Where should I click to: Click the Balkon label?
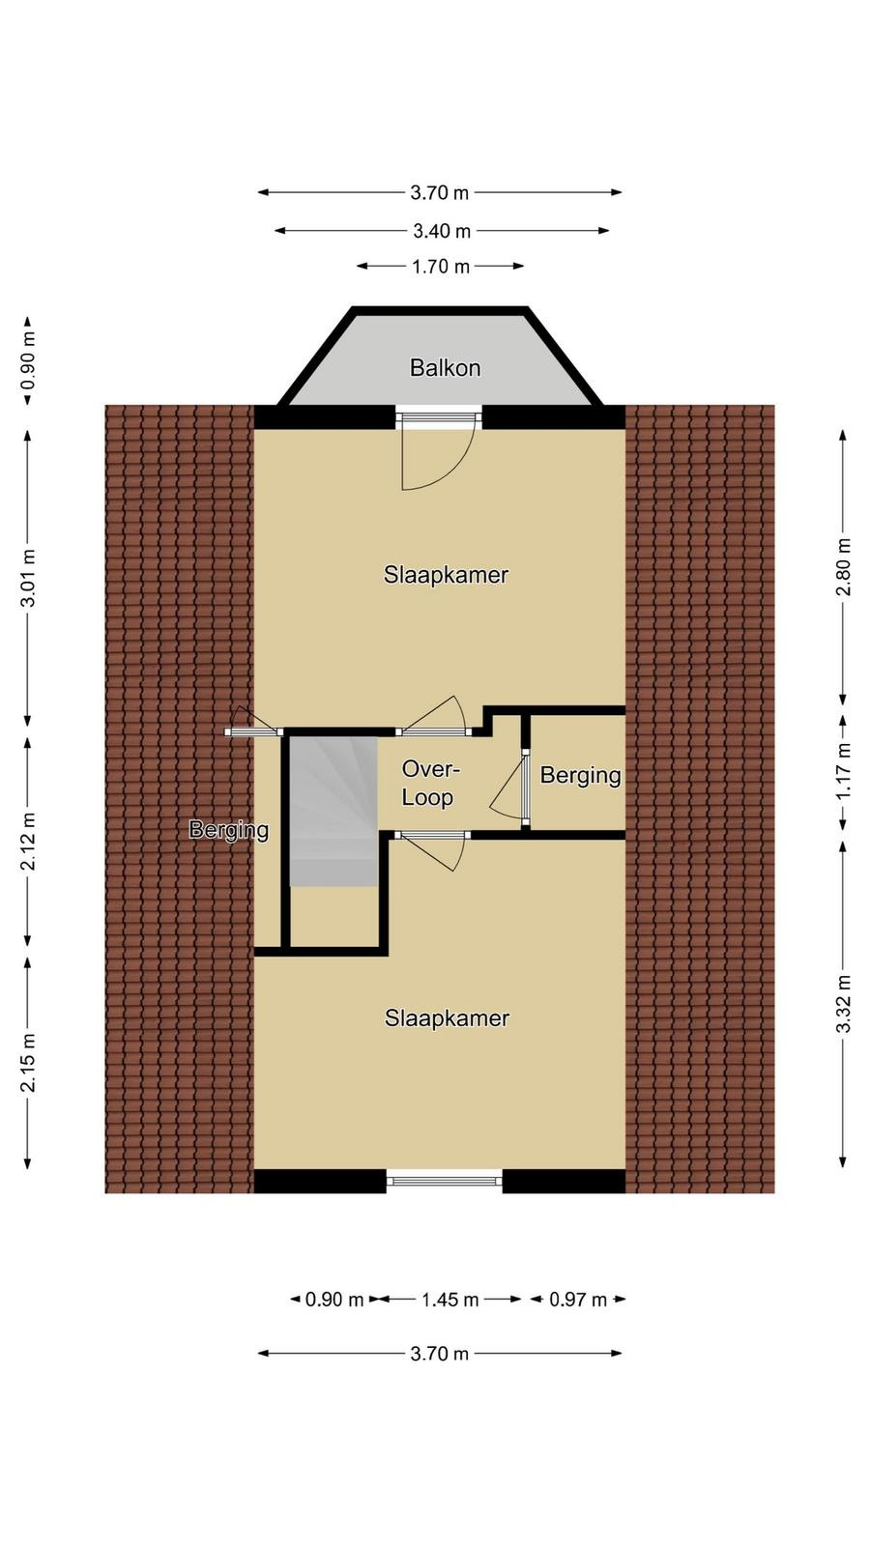(x=445, y=368)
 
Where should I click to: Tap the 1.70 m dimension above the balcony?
(x=441, y=267)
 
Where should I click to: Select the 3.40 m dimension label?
(x=442, y=231)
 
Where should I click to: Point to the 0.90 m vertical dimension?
(x=28, y=361)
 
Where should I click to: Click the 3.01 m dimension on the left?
(x=28, y=578)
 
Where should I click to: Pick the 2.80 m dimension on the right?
(x=843, y=566)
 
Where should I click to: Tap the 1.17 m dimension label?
(x=843, y=772)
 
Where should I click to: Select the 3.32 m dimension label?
(x=843, y=1004)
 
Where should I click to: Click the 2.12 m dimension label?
(x=28, y=841)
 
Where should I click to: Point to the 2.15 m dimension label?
(x=28, y=1063)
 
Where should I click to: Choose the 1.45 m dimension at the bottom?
(x=450, y=1300)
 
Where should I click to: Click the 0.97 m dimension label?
(x=578, y=1300)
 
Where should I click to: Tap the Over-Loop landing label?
(x=429, y=784)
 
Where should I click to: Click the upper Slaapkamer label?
(x=446, y=575)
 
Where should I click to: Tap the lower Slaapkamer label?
(x=447, y=1018)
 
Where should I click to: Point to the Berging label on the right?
(x=580, y=776)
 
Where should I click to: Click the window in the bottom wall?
(x=444, y=1181)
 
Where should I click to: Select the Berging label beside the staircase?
(x=228, y=830)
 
